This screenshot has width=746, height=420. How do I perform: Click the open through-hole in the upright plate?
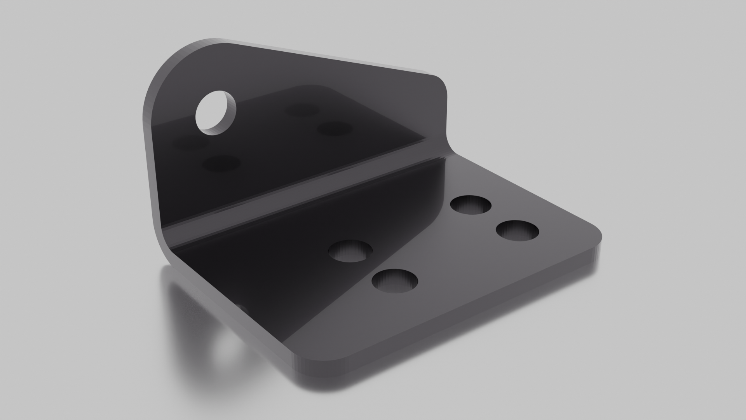pyautogui.click(x=216, y=112)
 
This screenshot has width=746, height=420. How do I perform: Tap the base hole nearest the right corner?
pyautogui.click(x=518, y=231)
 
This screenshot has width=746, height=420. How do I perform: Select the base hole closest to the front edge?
pyautogui.click(x=395, y=280)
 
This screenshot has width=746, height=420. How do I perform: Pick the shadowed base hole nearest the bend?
pyautogui.click(x=350, y=251)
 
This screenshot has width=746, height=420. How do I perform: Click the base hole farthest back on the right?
pyautogui.click(x=471, y=205)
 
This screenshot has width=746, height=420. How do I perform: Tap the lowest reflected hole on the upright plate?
pyautogui.click(x=221, y=163)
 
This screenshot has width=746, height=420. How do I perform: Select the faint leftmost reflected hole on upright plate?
pyautogui.click(x=190, y=143)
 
